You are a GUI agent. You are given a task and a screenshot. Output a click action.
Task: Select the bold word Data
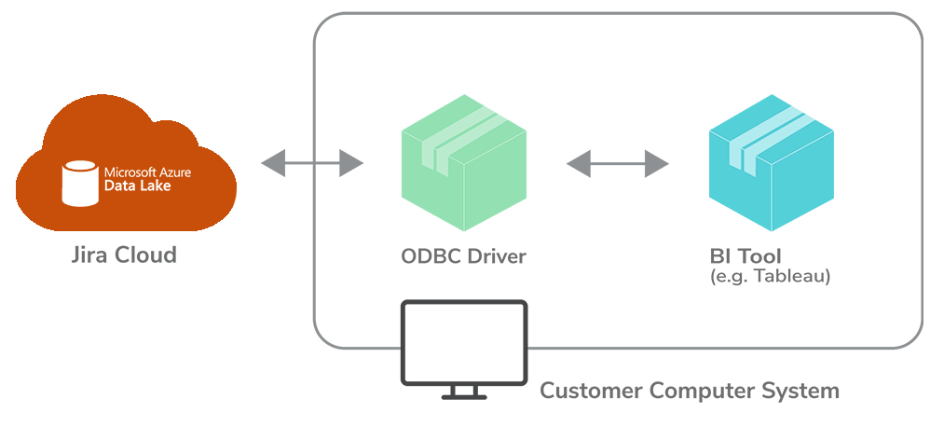click(117, 186)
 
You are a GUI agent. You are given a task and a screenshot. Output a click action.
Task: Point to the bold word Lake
click(152, 186)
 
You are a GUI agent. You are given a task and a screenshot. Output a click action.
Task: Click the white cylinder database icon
click(79, 181)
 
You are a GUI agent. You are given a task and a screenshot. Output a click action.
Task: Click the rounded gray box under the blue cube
click(755, 270)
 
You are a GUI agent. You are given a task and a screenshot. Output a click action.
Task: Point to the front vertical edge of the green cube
click(464, 196)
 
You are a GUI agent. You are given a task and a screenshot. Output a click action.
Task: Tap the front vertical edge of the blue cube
click(771, 196)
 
